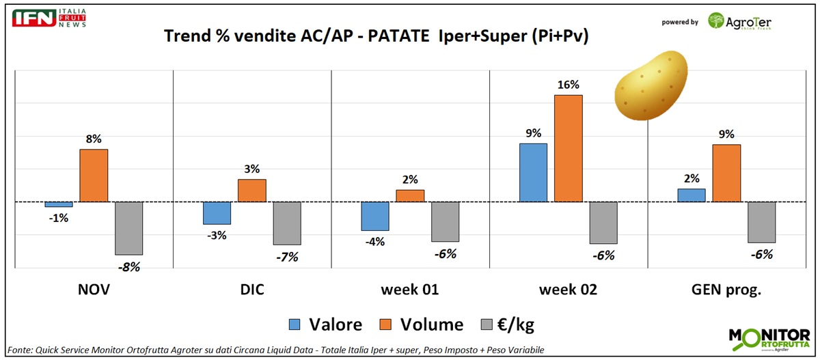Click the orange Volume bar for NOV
click(94, 176)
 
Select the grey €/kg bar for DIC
click(287, 223)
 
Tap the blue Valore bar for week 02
click(533, 173)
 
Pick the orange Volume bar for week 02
click(568, 148)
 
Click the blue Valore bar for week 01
click(374, 216)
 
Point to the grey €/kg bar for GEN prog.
click(761, 222)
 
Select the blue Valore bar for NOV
click(59, 204)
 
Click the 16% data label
click(568, 85)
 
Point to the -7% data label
click(287, 257)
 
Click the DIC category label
click(251, 290)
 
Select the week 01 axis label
click(410, 290)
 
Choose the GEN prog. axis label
click(726, 290)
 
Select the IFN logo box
click(33, 18)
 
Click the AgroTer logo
click(739, 21)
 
